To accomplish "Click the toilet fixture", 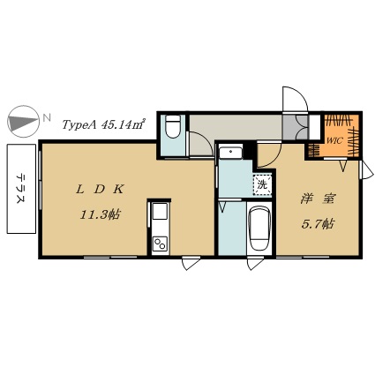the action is pos(173,126).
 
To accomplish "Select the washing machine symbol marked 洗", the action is pos(262,185).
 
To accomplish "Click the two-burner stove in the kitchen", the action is pos(160,244).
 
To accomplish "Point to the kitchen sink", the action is pos(160,212).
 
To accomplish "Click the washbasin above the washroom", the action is pos(231,152).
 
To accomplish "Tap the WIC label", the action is pos(335,140).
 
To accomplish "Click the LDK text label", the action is pos(100,190).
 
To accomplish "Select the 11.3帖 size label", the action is pos(100,215).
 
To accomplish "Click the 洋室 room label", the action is pos(318,199).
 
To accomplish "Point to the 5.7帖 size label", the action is pos(317,224).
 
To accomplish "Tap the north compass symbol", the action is pos(23,122).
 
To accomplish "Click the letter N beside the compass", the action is pos(46,118).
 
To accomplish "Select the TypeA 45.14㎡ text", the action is pos(102,124).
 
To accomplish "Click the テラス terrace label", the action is pos(21,188).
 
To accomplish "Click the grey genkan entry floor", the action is pos(295,127).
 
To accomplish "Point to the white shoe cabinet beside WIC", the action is pos(314,127).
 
